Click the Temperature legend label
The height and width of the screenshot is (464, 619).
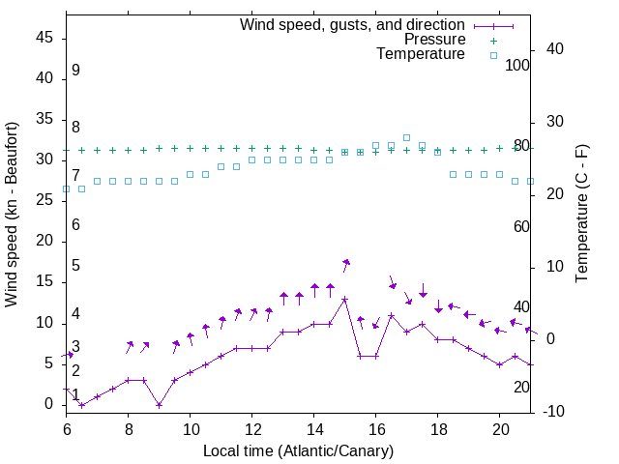tap(421, 54)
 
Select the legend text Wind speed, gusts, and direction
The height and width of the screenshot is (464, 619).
tap(353, 24)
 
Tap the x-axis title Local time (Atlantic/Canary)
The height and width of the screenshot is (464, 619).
tap(298, 450)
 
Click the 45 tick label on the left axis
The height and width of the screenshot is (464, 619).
tap(44, 38)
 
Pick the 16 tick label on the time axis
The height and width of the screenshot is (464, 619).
tap(376, 426)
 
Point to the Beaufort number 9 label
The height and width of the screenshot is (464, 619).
tap(75, 71)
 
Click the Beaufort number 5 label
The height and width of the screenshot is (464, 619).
tap(75, 266)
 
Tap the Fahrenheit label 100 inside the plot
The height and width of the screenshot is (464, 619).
tap(517, 65)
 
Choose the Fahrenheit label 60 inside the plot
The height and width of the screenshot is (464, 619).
tap(521, 226)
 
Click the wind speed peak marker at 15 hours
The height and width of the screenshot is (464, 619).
tap(344, 300)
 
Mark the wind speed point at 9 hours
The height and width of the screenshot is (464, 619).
tap(159, 405)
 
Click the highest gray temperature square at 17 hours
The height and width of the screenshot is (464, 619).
tap(406, 138)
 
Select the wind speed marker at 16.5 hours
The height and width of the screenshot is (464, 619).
tap(391, 315)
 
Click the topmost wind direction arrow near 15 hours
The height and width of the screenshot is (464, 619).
tap(345, 263)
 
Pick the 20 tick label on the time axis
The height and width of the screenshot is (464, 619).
tap(500, 426)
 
